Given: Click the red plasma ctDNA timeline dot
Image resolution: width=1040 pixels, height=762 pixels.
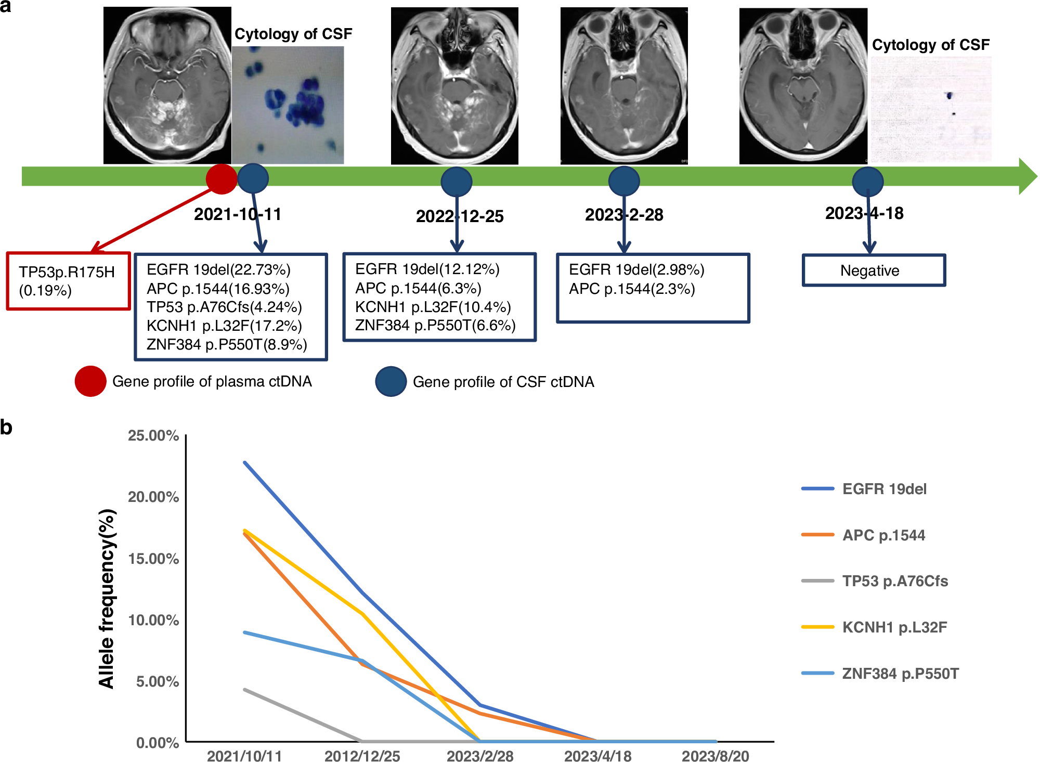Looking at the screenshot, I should coord(222,179).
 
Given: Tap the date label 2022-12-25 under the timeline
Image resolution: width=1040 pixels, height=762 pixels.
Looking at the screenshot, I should coord(460,216).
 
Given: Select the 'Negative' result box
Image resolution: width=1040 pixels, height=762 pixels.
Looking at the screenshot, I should coord(873,270).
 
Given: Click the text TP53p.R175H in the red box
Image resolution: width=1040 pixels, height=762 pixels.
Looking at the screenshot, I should coord(67,272).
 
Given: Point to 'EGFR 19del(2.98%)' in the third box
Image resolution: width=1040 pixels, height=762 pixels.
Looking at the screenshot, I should coord(636,269).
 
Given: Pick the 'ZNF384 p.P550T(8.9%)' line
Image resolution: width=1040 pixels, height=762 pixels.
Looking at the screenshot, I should coord(227,344).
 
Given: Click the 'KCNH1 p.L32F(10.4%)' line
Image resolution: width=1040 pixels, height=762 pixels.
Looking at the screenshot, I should coord(433,307).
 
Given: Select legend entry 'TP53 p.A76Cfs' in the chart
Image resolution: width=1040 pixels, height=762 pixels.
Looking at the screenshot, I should coord(894,581).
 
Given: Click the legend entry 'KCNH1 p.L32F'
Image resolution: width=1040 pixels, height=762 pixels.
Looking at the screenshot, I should coord(894,627).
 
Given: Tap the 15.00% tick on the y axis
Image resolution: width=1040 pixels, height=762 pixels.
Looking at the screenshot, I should coord(153,559).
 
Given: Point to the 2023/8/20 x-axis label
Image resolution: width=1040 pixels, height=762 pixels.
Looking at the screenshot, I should coord(715,756).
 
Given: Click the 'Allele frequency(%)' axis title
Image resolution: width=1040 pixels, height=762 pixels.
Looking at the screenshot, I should coord(107,598).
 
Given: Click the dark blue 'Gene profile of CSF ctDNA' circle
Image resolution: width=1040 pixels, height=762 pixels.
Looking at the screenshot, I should coord(391,382).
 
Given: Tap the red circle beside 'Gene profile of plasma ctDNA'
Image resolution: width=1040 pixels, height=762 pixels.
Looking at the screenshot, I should coord(90,381).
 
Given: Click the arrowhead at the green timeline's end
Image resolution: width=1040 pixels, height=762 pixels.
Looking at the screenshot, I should coord(1027,176).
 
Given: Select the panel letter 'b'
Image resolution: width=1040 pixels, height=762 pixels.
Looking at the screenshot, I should coord(6,427).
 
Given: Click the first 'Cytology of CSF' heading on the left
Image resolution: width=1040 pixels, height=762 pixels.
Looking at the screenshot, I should coord(293,34).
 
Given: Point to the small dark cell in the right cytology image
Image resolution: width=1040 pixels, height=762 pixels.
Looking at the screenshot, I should coord(950,96).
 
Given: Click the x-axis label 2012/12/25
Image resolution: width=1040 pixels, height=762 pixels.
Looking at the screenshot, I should coord(362,756).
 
